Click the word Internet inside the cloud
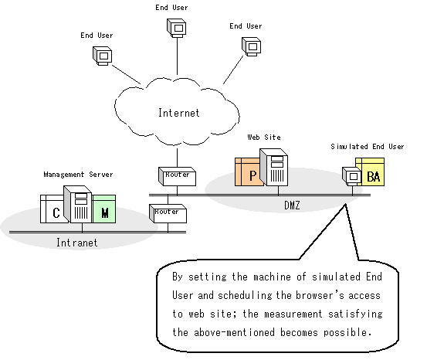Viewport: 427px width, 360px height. (178, 113)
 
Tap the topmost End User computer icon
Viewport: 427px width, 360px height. (177, 28)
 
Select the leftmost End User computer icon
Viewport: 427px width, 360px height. (103, 56)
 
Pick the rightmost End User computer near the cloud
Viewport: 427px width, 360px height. (252, 46)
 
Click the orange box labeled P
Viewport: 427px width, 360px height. (249, 172)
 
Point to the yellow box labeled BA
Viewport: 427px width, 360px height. (371, 172)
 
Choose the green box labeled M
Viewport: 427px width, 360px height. (104, 209)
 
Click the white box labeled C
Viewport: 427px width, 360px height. (53, 209)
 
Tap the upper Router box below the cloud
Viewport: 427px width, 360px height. (178, 177)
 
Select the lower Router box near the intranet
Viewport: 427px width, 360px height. (168, 214)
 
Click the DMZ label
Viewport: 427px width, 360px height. (292, 205)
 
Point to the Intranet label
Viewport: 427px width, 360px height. (76, 243)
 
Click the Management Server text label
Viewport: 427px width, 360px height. (78, 175)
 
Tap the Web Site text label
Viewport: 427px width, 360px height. (264, 137)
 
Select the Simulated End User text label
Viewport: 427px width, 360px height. (367, 147)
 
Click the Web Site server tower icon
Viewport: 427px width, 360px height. (273, 168)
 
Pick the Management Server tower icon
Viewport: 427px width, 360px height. (78, 205)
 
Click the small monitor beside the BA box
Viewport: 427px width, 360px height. (352, 176)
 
